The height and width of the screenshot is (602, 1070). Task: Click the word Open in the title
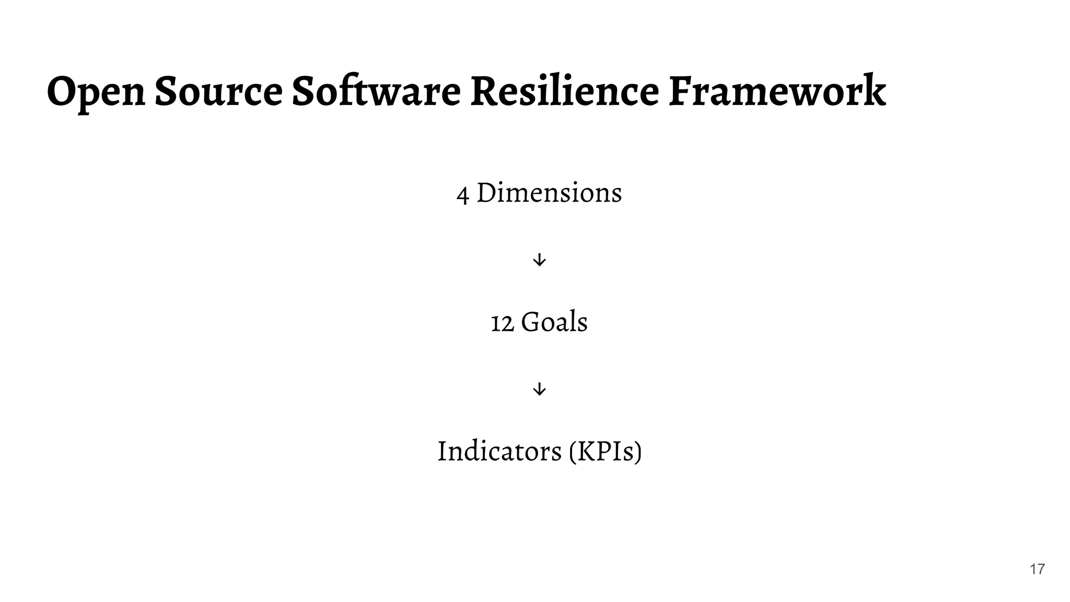tap(96, 92)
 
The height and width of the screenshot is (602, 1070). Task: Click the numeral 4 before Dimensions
tap(462, 194)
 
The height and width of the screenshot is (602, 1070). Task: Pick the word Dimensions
tap(549, 192)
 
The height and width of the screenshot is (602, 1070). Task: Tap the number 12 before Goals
tap(502, 323)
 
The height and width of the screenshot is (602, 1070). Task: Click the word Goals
tap(554, 321)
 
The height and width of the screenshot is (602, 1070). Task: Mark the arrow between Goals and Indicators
tap(539, 389)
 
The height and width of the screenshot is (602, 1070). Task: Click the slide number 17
tap(1037, 569)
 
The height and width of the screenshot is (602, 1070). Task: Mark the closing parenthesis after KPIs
tap(637, 451)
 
